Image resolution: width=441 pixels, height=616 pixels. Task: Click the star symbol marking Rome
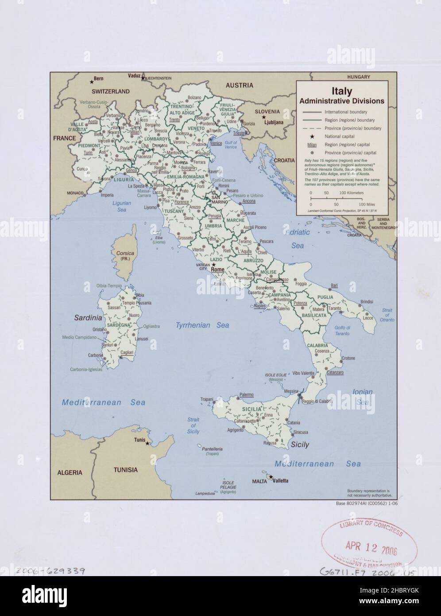point(213,265)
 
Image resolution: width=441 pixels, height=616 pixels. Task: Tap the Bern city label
point(99,79)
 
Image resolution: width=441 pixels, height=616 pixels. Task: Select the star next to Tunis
point(147,443)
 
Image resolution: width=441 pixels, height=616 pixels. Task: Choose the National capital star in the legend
point(312,136)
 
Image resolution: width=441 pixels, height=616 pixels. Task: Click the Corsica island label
point(125,253)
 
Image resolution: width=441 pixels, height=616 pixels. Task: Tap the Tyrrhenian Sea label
point(202,325)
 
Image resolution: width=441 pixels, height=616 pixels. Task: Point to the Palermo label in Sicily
point(246,394)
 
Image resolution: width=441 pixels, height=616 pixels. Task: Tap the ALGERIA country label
point(70,472)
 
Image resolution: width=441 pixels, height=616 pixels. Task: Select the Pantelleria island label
point(212,449)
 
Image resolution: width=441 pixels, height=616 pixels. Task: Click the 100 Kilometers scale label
point(352,193)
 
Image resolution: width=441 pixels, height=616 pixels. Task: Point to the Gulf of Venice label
point(231,144)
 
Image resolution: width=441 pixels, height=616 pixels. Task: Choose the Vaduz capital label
point(134,76)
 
